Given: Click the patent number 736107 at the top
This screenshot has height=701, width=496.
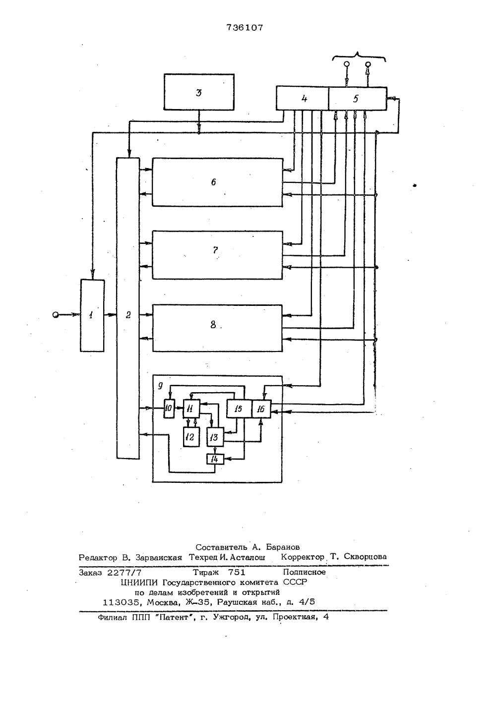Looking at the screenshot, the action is pos(245,28).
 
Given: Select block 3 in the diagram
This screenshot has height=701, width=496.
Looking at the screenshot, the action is pos(199,92).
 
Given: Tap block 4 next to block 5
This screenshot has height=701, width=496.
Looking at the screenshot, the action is pos(303,98).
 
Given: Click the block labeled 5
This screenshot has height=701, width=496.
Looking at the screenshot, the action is pos(358,98).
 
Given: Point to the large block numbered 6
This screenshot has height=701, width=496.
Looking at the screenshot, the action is pos(217,182).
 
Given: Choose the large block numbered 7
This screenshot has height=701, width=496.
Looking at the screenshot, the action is pos(217,255).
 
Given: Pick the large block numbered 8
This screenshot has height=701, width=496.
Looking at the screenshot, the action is pos(217,328).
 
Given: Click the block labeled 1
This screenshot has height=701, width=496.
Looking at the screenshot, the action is pos(92,315).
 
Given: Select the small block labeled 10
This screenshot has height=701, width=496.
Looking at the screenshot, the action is pos(169,409).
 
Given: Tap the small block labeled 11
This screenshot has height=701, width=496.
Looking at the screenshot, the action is pos(191,409).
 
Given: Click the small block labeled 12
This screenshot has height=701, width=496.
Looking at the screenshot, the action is pos(191,437).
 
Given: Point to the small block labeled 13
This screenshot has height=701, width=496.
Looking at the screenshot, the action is pos(215,437).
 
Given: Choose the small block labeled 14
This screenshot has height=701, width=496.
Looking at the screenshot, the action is pos(215,459).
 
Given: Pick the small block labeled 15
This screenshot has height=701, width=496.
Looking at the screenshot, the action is pos(240,409).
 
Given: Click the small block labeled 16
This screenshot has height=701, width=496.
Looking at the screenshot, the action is pos(261,409).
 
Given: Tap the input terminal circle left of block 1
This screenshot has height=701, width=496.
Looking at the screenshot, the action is pos(56,315).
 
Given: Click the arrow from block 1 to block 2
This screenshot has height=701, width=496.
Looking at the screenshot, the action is pos(111,315).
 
